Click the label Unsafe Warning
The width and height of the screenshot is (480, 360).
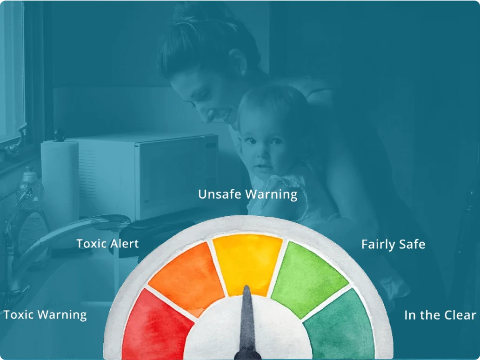(247, 194)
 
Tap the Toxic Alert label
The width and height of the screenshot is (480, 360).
(107, 244)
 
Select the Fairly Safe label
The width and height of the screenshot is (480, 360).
(393, 245)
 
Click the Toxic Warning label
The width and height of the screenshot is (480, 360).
(45, 315)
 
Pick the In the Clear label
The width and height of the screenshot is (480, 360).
(440, 315)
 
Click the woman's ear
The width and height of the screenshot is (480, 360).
(239, 63)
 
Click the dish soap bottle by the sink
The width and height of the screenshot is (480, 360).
(31, 211)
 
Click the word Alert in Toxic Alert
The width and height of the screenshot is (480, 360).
(124, 244)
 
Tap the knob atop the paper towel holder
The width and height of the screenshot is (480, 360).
(59, 135)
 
